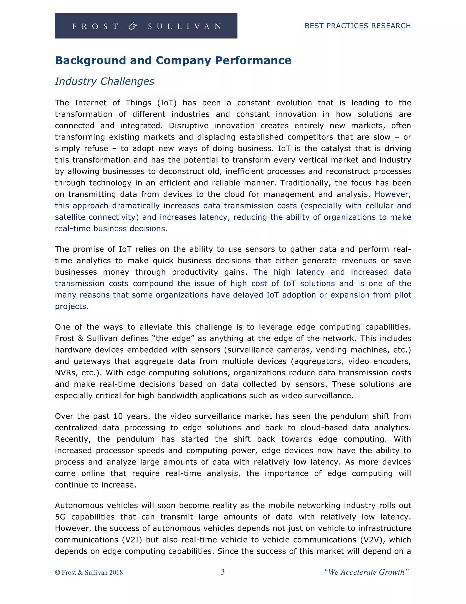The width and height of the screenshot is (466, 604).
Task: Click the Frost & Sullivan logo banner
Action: tap(146, 26)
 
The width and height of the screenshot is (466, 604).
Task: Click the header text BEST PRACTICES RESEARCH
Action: tap(357, 26)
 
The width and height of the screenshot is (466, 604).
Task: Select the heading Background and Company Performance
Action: tap(173, 60)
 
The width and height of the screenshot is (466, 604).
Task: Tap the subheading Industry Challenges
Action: tap(104, 81)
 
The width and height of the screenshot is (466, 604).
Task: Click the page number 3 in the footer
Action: tap(223, 572)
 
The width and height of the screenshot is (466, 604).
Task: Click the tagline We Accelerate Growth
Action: tap(366, 572)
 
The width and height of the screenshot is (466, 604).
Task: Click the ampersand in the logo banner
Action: tap(133, 26)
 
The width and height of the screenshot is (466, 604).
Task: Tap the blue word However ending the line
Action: tap(393, 194)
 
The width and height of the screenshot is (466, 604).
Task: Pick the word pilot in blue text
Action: tap(403, 295)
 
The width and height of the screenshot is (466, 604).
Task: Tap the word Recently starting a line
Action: tap(73, 439)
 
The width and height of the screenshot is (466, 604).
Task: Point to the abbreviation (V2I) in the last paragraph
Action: tap(132, 540)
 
